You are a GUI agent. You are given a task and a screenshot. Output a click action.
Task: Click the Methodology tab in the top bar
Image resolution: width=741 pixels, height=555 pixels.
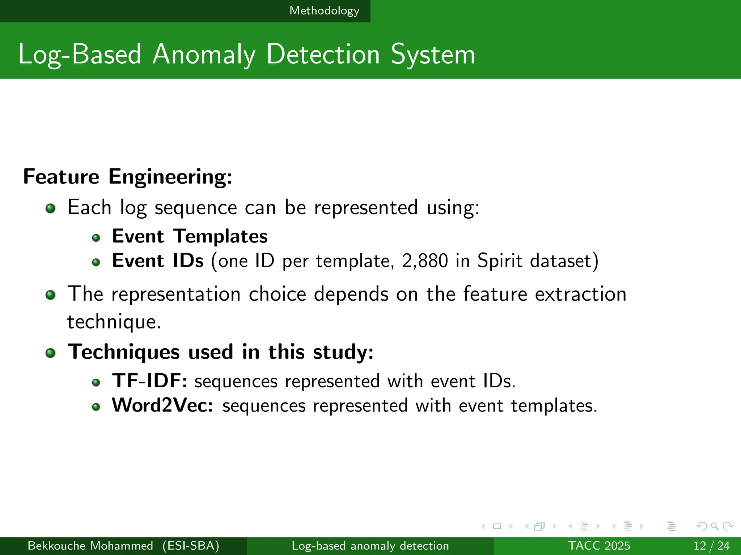(324, 11)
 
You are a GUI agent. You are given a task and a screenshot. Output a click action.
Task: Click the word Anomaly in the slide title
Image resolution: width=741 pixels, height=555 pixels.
(204, 55)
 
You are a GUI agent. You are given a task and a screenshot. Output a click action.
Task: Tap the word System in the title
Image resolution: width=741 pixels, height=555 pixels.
(433, 55)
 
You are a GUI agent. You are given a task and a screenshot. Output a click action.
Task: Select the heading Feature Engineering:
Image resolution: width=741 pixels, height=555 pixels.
(128, 177)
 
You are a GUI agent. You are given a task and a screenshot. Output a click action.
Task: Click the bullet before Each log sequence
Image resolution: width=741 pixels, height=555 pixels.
(51, 208)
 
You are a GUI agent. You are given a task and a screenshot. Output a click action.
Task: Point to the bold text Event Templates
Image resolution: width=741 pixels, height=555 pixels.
(190, 236)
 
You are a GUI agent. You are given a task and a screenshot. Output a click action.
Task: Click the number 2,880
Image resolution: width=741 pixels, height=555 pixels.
(425, 261)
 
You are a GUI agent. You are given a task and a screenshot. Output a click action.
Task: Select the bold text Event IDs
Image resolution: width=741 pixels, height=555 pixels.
(158, 261)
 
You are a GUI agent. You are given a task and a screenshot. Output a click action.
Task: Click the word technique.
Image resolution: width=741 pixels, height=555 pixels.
(114, 322)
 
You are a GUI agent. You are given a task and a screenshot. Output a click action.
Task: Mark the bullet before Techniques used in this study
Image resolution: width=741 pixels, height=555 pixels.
(51, 353)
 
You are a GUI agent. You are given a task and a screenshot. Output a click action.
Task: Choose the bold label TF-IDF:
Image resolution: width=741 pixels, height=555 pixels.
(149, 381)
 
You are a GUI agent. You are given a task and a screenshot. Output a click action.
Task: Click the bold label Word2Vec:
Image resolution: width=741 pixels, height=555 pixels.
(162, 405)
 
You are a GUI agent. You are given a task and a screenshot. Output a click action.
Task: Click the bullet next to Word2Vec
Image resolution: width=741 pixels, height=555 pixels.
(96, 407)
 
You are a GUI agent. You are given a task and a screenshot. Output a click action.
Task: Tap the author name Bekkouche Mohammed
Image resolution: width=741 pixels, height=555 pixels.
(90, 546)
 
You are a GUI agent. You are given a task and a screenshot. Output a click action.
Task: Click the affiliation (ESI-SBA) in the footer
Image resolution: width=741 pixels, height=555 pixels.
(191, 546)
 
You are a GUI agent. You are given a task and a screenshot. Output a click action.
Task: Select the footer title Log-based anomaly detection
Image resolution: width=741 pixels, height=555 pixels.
(370, 546)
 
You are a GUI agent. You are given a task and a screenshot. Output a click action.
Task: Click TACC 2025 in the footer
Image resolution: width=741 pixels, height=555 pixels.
(599, 546)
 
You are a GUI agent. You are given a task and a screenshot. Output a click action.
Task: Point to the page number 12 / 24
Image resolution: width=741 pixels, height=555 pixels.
(711, 546)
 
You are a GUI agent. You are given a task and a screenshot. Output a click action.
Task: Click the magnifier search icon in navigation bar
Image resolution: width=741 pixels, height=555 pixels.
(715, 526)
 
